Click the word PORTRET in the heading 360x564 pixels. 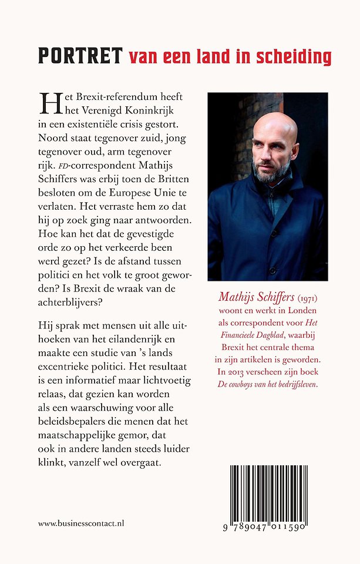coord(80,56)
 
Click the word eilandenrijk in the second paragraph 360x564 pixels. coord(144,340)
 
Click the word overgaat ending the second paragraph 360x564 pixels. coord(142,462)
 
